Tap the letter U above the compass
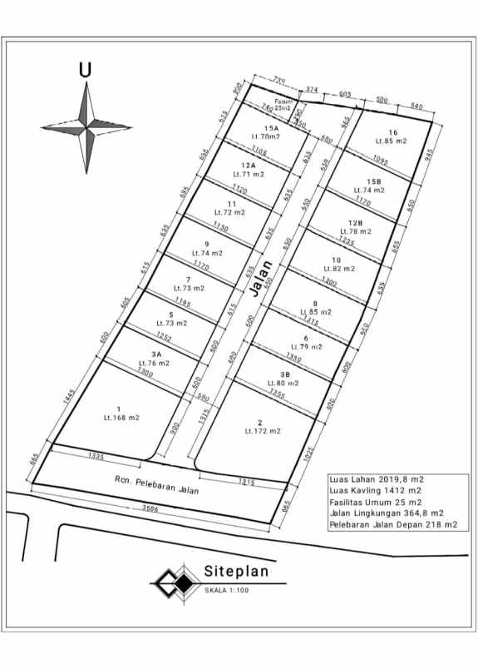click(x=85, y=70)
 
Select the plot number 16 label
click(x=392, y=132)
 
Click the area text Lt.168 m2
click(x=121, y=417)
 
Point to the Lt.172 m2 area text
click(x=263, y=431)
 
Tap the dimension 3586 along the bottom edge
click(x=150, y=508)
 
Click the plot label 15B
click(x=372, y=181)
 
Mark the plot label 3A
click(x=158, y=354)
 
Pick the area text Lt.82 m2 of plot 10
click(x=342, y=269)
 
